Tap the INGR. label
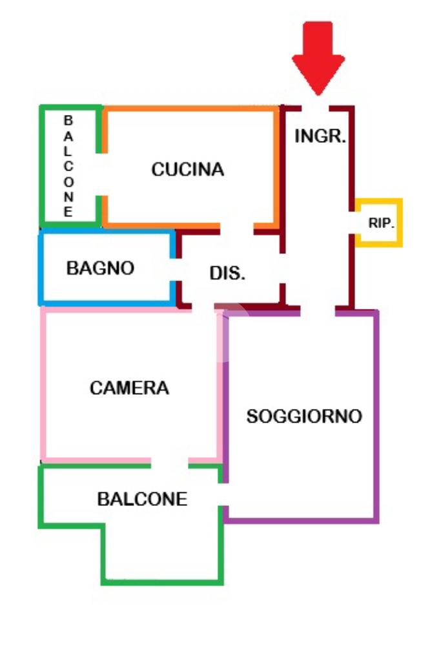[x=321, y=137]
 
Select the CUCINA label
[x=187, y=169]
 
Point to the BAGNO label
[x=101, y=268]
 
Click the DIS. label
[x=227, y=273]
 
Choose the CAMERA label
[x=129, y=388]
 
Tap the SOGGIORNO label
[x=304, y=417]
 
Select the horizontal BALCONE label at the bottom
[x=142, y=499]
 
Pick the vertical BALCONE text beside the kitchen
[x=68, y=167]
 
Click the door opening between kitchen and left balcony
[x=101, y=174]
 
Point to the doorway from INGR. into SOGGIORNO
[x=318, y=310]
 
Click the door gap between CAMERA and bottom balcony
[x=170, y=461]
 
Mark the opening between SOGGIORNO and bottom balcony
[x=223, y=495]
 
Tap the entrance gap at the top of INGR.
[x=317, y=108]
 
